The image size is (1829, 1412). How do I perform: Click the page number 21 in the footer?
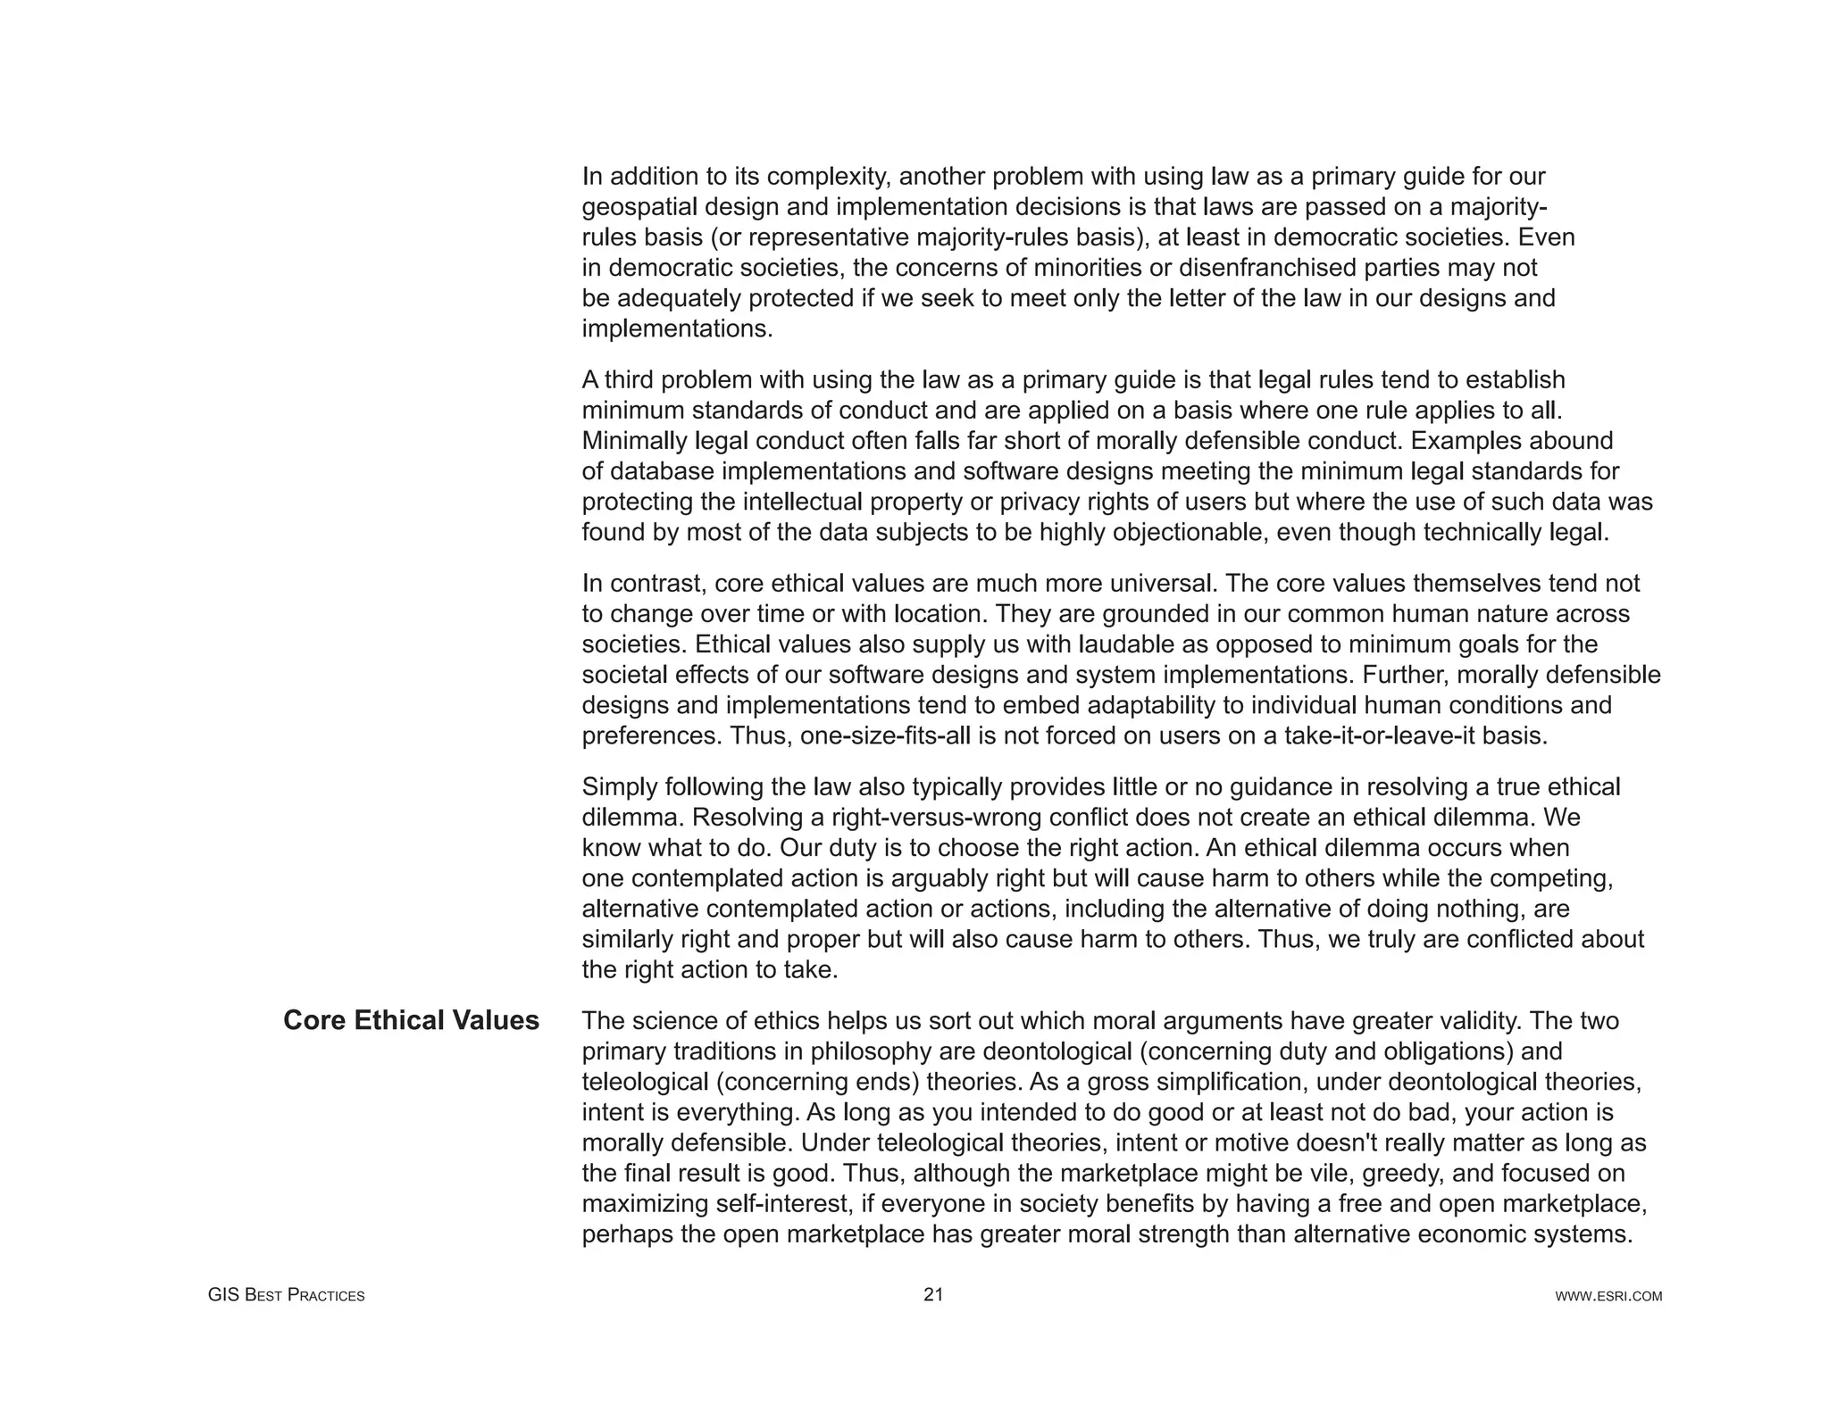932,1295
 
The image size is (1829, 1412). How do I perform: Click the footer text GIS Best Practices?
286,1296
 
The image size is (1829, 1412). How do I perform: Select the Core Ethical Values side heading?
411,1020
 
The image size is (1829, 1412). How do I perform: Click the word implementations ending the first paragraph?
675,329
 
